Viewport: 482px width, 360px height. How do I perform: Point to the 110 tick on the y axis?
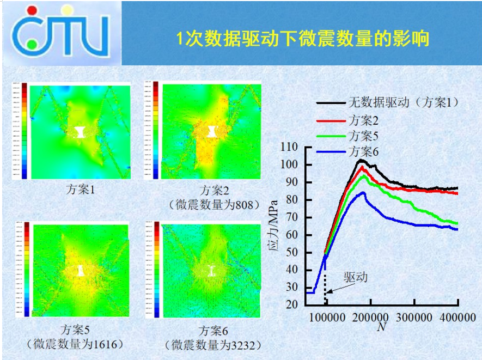click(x=288, y=147)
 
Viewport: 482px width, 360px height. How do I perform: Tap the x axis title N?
click(x=381, y=327)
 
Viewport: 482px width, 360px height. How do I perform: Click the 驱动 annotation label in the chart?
click(x=355, y=277)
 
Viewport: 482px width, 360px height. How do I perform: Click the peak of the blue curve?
click(x=363, y=192)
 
